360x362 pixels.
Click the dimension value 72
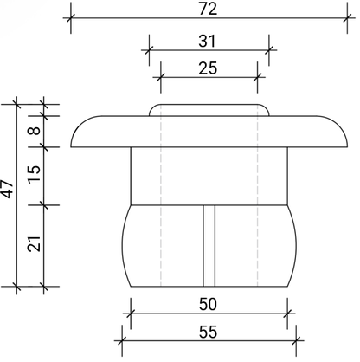click(x=208, y=9)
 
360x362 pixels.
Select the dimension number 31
click(x=207, y=42)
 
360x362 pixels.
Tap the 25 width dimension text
click(x=208, y=68)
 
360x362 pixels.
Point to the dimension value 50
click(x=208, y=304)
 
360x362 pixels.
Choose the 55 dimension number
click(x=208, y=332)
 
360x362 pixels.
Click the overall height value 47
click(x=7, y=189)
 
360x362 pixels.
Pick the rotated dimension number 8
click(x=35, y=131)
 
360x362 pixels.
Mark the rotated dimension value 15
click(x=35, y=173)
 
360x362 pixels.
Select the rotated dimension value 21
click(x=35, y=243)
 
